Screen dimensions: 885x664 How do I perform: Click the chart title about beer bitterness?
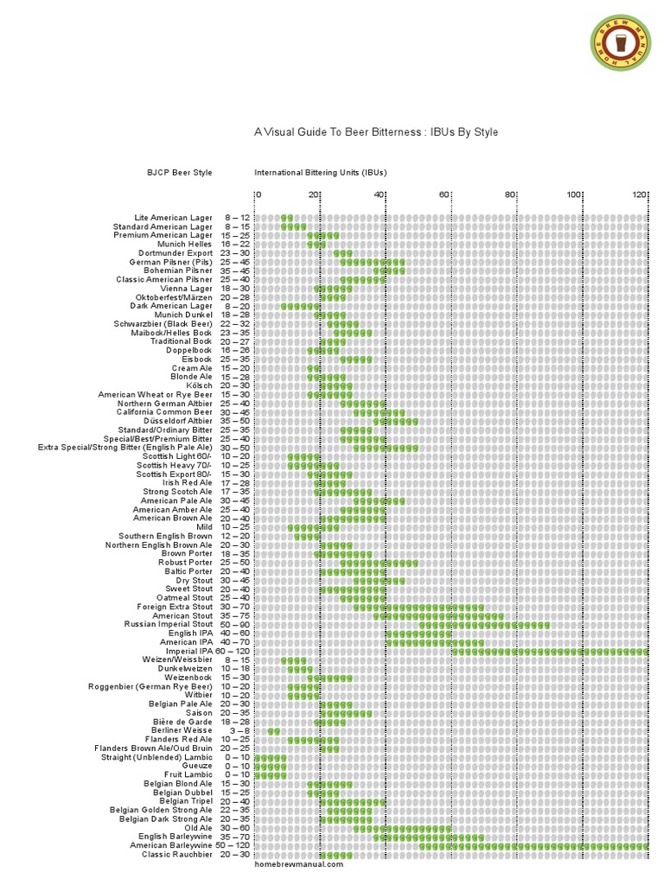(375, 132)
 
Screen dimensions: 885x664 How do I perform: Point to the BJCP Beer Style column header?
(180, 173)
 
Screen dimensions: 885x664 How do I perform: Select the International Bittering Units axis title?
(320, 173)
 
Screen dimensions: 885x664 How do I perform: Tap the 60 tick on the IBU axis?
(444, 194)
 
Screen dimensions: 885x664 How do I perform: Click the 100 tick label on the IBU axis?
(574, 194)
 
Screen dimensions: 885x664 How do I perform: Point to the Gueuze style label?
(197, 766)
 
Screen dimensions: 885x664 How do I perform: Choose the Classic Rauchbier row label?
(177, 855)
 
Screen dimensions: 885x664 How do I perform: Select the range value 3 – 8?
(239, 730)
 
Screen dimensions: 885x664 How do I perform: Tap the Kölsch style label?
(198, 385)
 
